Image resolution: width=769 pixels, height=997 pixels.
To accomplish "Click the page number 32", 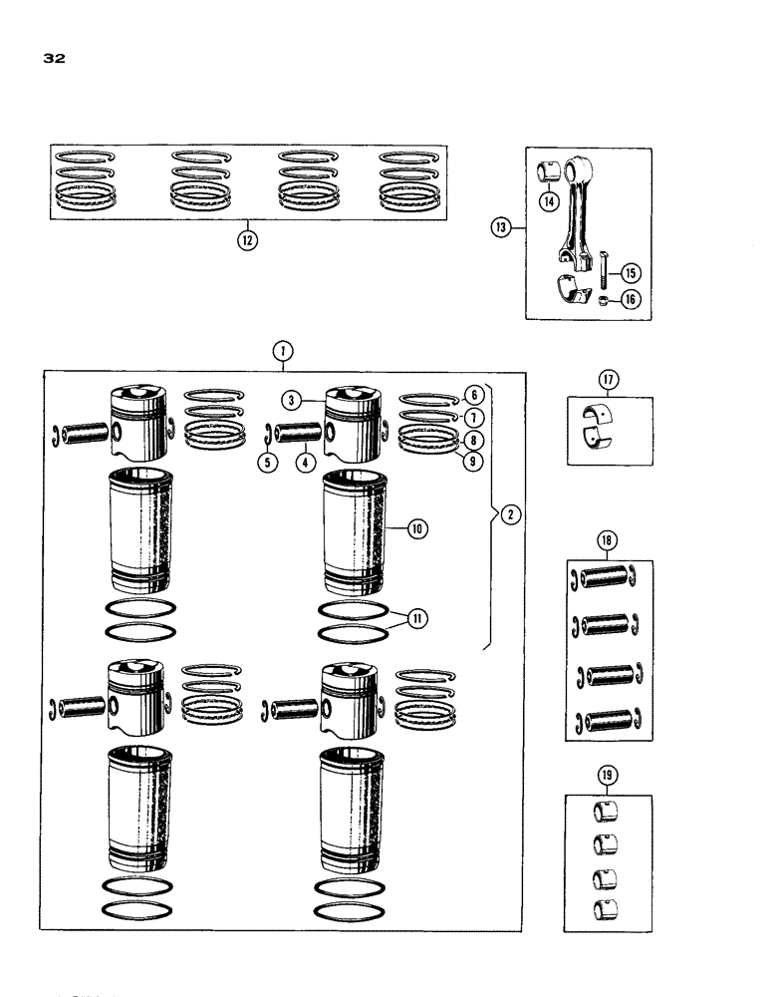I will click(54, 59).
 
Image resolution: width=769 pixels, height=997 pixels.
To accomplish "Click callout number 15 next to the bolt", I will click(631, 273).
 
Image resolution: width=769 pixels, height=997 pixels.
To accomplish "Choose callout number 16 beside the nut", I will click(631, 298).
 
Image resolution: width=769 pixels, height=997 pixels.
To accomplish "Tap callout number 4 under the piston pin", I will click(303, 462).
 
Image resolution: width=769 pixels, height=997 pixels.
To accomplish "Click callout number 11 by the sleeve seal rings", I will click(416, 618).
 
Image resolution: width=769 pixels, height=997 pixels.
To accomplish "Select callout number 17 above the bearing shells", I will click(609, 379).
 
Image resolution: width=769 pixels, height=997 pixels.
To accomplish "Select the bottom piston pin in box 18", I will click(606, 721).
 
